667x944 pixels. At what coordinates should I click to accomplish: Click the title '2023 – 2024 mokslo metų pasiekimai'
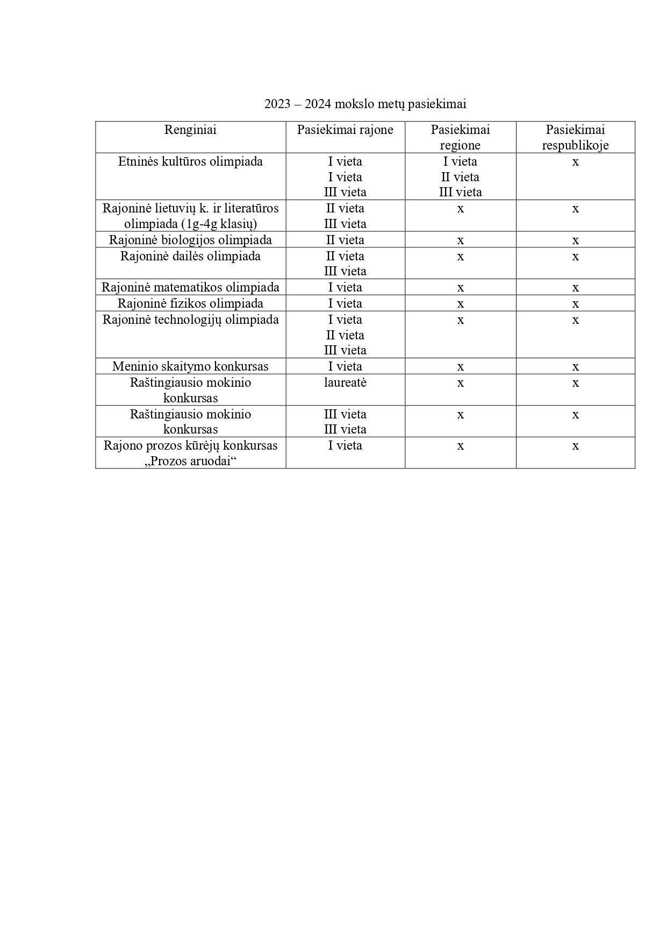(365, 104)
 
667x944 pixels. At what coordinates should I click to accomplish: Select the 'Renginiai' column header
(190, 130)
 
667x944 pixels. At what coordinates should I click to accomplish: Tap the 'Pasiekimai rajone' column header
(345, 130)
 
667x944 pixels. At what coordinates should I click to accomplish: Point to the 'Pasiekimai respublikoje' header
(575, 138)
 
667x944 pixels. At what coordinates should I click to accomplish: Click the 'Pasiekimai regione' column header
(460, 138)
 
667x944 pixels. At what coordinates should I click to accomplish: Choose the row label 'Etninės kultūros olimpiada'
(190, 161)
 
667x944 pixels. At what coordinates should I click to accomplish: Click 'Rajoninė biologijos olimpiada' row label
(190, 240)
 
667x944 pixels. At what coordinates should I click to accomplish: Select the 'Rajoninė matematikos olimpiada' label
(190, 287)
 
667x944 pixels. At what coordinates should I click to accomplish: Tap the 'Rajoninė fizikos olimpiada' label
(190, 303)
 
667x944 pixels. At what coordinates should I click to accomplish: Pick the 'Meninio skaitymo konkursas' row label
(190, 366)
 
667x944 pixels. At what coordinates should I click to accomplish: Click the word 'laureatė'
(345, 382)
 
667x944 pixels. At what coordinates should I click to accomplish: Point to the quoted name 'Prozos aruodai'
(191, 461)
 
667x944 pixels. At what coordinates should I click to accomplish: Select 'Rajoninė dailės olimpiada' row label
(190, 256)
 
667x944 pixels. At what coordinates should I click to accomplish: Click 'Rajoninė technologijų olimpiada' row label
(190, 320)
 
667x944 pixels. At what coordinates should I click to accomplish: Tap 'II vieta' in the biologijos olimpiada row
(345, 240)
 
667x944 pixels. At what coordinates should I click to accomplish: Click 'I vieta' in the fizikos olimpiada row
(345, 303)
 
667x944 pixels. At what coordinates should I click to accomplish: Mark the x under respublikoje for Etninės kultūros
(575, 162)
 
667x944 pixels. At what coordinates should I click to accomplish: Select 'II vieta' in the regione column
(460, 177)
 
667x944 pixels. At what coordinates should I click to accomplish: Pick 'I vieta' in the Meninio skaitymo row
(345, 366)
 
